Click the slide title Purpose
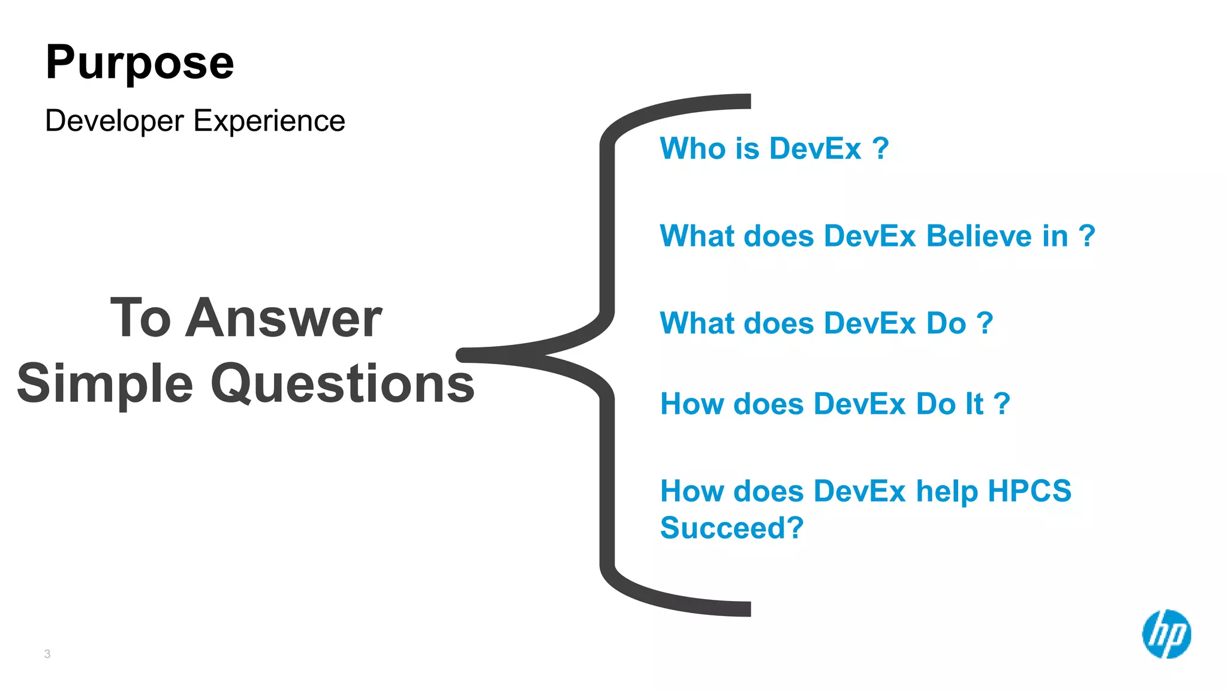pyautogui.click(x=139, y=63)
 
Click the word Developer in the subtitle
pyautogui.click(x=114, y=121)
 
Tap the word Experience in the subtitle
pyautogui.click(x=269, y=121)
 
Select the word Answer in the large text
pyautogui.click(x=283, y=319)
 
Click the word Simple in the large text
pyautogui.click(x=106, y=384)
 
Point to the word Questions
pyautogui.click(x=342, y=384)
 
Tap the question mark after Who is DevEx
pyautogui.click(x=880, y=148)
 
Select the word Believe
pyautogui.click(x=997, y=236)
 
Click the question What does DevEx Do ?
pyautogui.click(x=826, y=323)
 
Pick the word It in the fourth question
pyautogui.click(x=974, y=404)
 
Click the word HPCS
pyautogui.click(x=1029, y=491)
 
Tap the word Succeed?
pyautogui.click(x=732, y=528)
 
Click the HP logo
pyautogui.click(x=1166, y=634)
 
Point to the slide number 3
pyautogui.click(x=47, y=654)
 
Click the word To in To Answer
pyautogui.click(x=141, y=319)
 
